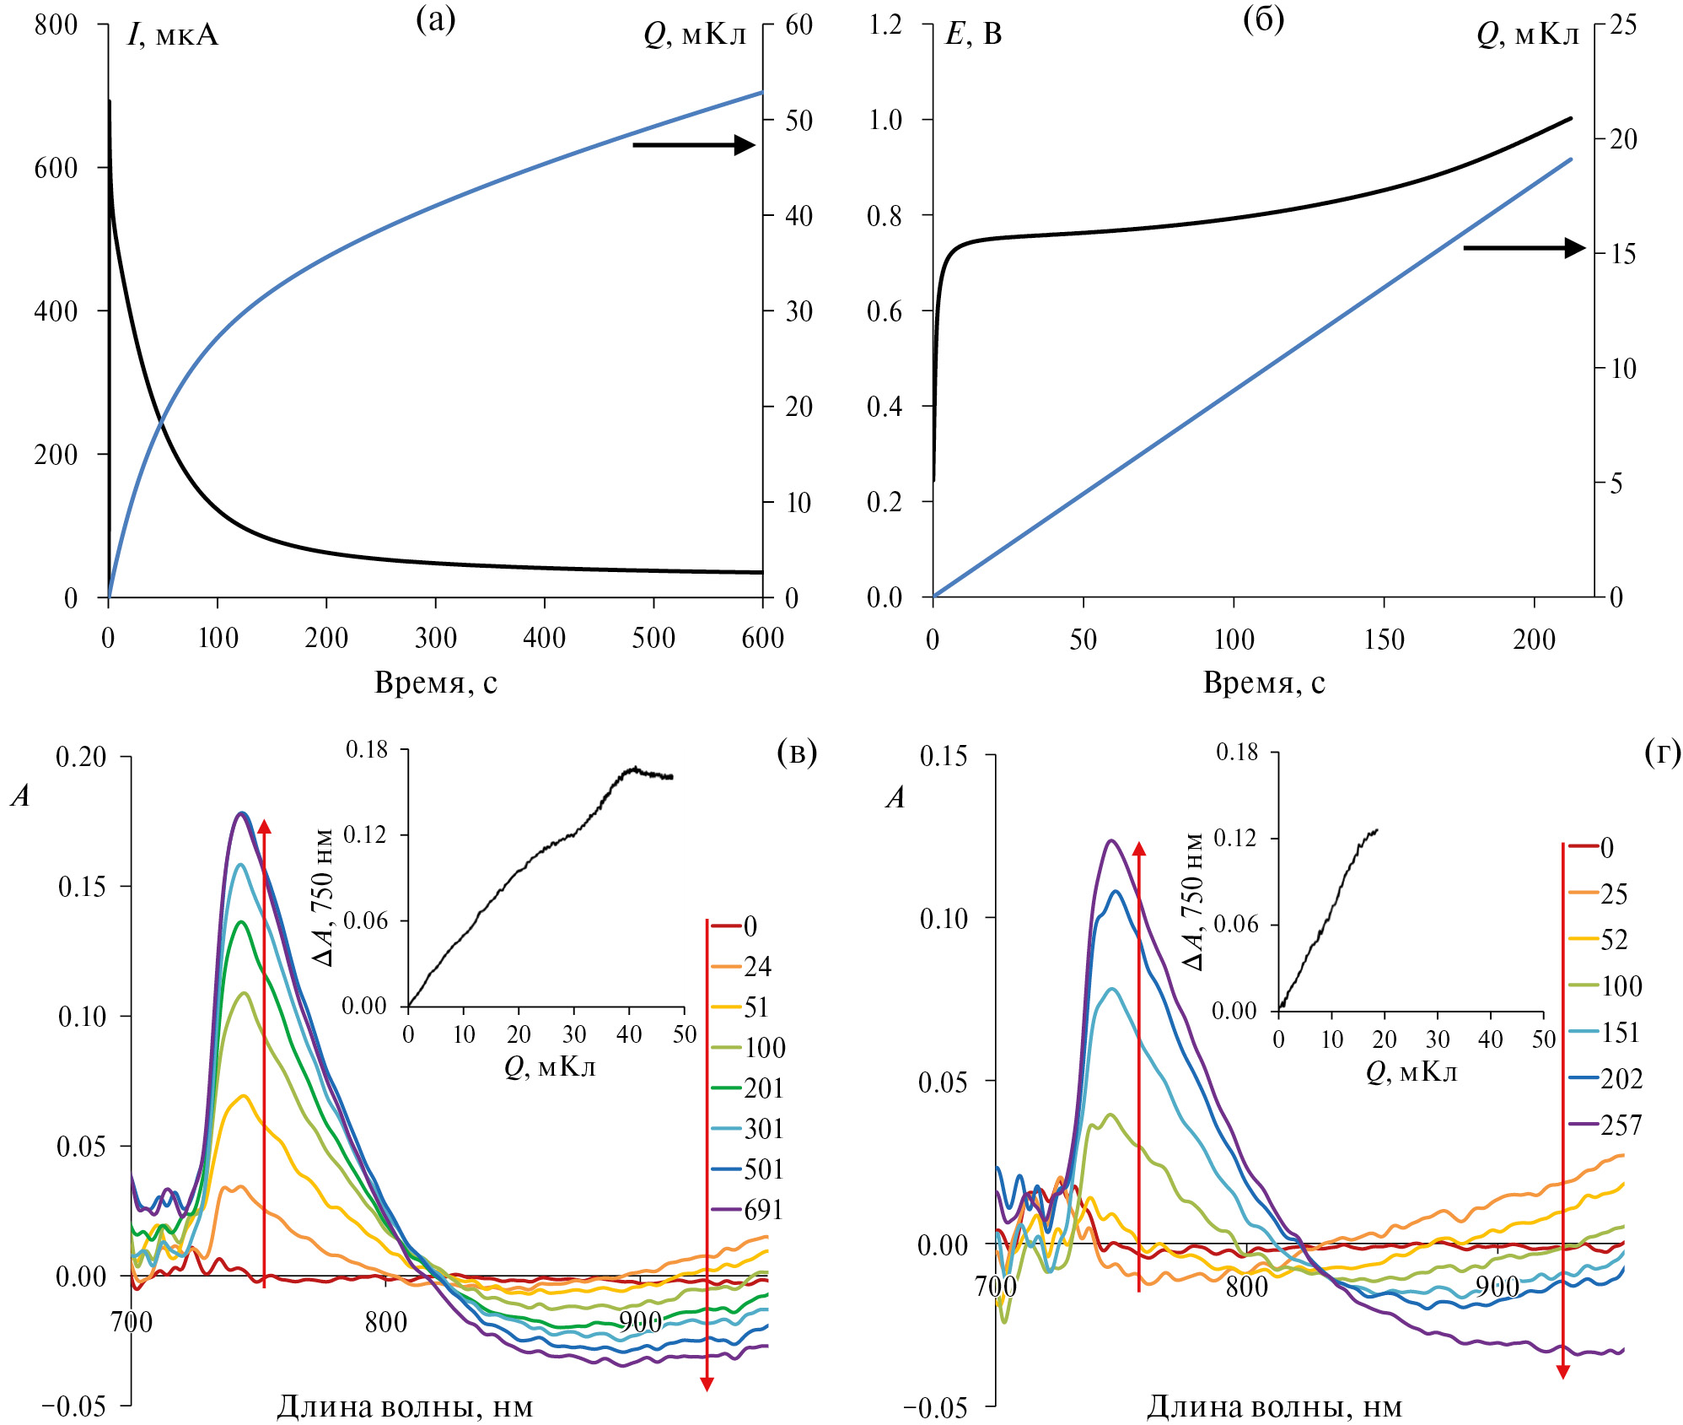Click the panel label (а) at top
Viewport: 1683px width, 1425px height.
click(436, 19)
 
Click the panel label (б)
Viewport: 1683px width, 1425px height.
click(1264, 19)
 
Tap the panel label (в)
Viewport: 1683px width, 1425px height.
click(797, 751)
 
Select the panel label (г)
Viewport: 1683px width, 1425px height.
click(1663, 751)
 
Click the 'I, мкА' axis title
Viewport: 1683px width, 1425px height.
click(173, 35)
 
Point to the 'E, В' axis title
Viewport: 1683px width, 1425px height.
click(974, 34)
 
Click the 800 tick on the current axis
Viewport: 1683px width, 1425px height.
click(56, 24)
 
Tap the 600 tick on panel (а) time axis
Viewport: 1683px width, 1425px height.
click(762, 638)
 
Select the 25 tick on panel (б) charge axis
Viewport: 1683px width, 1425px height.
click(1624, 24)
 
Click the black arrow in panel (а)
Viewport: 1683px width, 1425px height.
click(693, 145)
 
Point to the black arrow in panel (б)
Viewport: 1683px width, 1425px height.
click(1524, 248)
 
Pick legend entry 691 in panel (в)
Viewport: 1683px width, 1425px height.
click(763, 1210)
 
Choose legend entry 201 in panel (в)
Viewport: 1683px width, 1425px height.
click(763, 1088)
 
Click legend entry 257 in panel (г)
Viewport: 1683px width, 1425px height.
click(1621, 1125)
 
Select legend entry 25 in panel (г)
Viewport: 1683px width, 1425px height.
click(1614, 893)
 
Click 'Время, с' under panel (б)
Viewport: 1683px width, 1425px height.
click(1264, 682)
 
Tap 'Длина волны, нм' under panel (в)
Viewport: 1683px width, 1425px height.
click(405, 1406)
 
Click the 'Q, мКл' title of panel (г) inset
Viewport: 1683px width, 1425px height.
click(1411, 1071)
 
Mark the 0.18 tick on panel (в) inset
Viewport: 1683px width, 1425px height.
click(367, 749)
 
